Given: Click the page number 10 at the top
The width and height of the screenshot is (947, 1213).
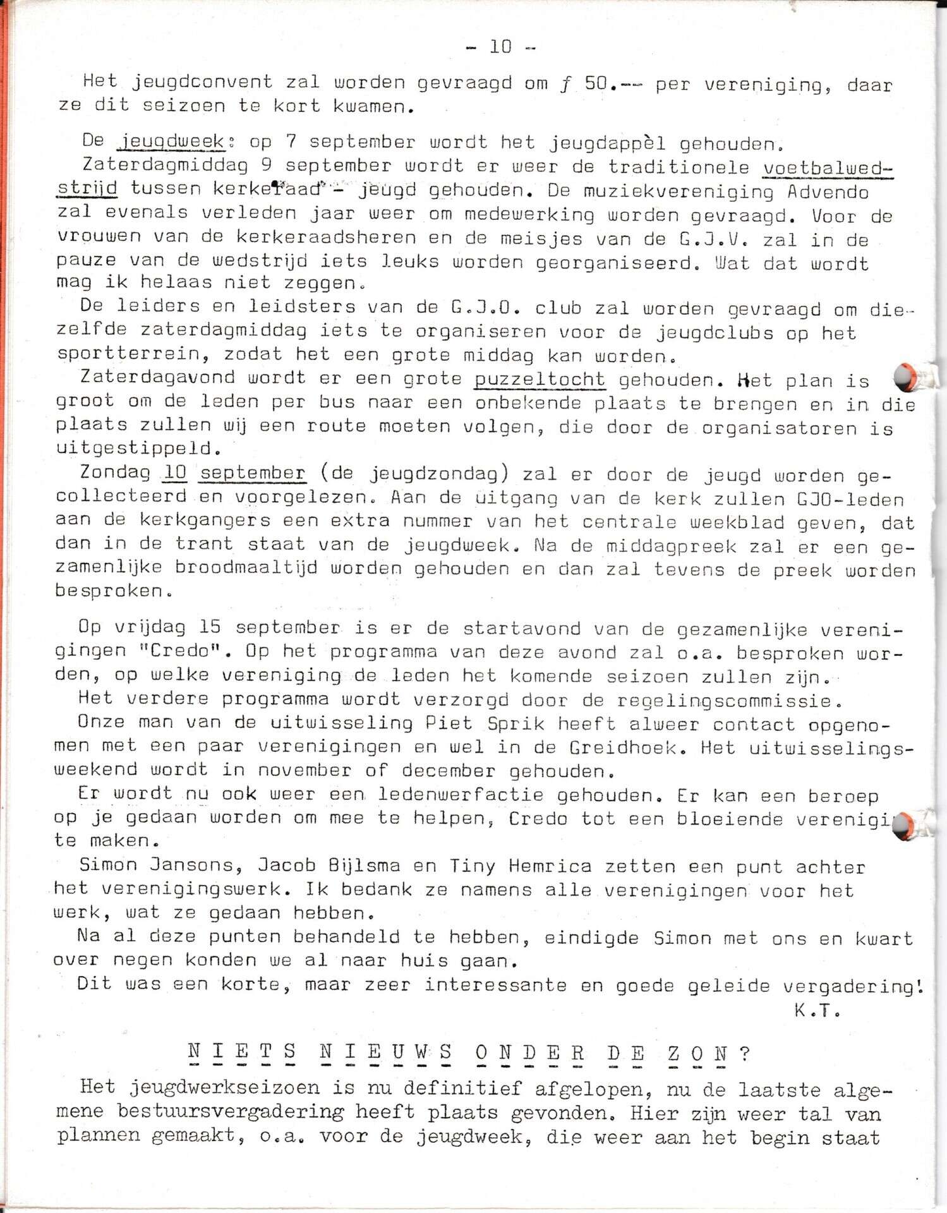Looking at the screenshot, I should pyautogui.click(x=500, y=46).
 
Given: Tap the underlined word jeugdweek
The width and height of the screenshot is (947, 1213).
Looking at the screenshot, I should pyautogui.click(x=172, y=142).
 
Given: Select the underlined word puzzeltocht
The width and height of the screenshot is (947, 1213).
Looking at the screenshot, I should pyautogui.click(x=540, y=379).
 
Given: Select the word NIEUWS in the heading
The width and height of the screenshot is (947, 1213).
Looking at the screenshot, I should pyautogui.click(x=387, y=1053).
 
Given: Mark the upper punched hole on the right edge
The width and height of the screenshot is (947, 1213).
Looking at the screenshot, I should pyautogui.click(x=907, y=377).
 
